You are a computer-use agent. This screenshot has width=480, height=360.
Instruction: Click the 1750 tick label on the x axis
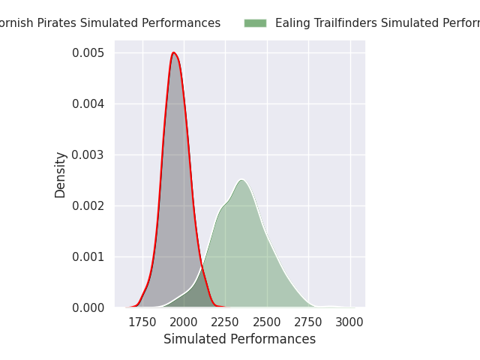(x=142, y=322)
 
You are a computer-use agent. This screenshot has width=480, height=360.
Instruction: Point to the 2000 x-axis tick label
(x=184, y=322)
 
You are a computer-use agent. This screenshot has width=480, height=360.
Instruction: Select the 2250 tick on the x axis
(x=225, y=322)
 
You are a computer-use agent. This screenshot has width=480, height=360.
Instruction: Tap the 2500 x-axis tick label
(x=266, y=322)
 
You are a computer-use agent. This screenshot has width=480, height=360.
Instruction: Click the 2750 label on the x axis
(x=308, y=322)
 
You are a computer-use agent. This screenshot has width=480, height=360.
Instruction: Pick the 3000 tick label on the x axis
(x=349, y=322)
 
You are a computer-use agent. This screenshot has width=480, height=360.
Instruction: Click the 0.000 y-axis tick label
(x=88, y=307)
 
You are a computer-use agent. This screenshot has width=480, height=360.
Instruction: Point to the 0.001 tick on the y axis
(x=88, y=256)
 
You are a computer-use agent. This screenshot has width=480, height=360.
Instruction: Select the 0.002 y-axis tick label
(x=88, y=205)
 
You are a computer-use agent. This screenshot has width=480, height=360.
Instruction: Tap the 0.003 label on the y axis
(x=88, y=154)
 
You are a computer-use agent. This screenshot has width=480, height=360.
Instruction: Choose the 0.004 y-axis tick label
(x=88, y=103)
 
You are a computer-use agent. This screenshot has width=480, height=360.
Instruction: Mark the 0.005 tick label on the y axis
(x=88, y=52)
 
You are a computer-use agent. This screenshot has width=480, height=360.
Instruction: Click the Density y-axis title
(x=61, y=174)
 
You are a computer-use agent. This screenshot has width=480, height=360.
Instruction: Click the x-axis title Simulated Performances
(x=239, y=339)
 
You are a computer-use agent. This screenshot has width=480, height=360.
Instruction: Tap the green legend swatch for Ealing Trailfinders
(x=255, y=23)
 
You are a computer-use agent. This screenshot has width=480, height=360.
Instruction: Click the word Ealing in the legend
(x=292, y=23)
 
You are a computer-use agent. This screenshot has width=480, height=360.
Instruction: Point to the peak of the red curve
(x=174, y=52)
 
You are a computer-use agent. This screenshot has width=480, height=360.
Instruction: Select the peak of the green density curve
(x=241, y=179)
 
